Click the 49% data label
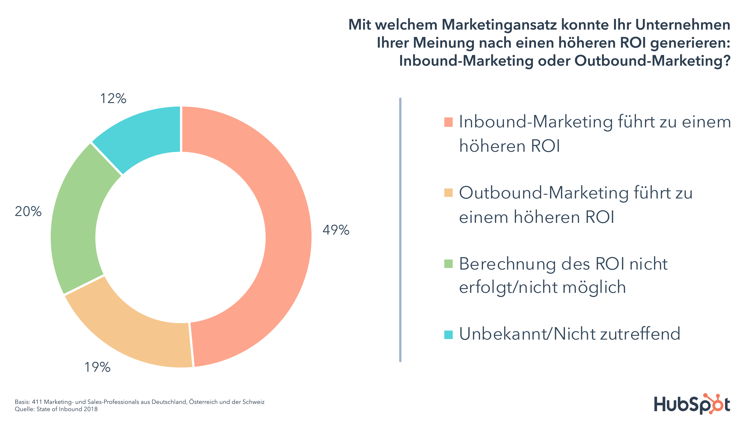pyautogui.click(x=336, y=230)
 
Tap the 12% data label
pyautogui.click(x=113, y=99)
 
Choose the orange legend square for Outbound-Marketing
pyautogui.click(x=448, y=193)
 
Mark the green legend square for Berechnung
pyautogui.click(x=448, y=263)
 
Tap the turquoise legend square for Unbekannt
pyautogui.click(x=448, y=335)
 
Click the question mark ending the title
pyautogui.click(x=727, y=61)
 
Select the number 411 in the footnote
pyautogui.click(x=37, y=402)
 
